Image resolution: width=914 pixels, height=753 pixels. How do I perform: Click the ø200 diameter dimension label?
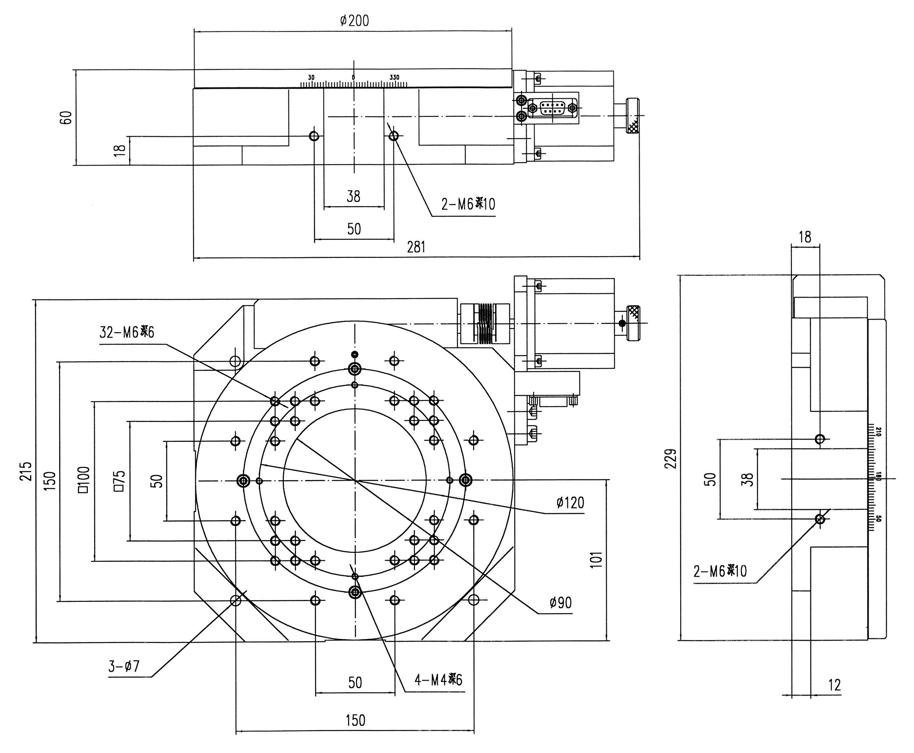[x=354, y=20]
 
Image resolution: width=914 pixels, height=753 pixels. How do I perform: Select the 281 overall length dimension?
[x=416, y=247]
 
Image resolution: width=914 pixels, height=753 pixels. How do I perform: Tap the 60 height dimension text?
[x=66, y=118]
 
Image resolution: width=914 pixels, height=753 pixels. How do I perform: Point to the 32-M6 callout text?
[x=126, y=332]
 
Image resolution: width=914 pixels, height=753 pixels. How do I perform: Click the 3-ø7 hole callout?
[x=124, y=666]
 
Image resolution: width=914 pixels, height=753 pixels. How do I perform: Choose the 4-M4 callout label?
[x=438, y=679]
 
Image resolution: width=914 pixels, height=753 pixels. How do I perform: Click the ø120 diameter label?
[x=570, y=503]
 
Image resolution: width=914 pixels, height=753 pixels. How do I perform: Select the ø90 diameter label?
[x=560, y=603]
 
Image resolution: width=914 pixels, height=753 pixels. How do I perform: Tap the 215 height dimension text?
[x=26, y=470]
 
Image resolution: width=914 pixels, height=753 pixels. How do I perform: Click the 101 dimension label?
[x=596, y=560]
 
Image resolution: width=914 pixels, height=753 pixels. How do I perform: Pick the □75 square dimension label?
[x=119, y=480]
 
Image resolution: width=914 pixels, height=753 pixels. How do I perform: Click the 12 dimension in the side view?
[x=834, y=685]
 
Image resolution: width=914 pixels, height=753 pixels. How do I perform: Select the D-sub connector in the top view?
[x=552, y=107]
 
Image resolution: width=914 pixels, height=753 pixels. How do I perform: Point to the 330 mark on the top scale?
[x=394, y=77]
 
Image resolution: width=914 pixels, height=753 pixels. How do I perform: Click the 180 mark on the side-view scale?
[x=878, y=476]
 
